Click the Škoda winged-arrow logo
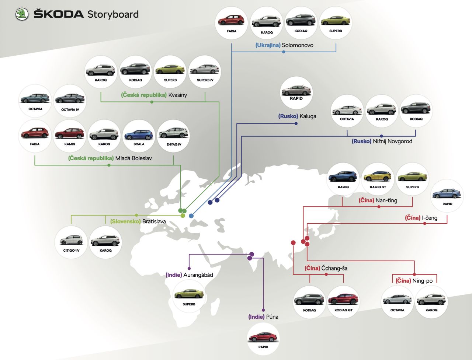pyautogui.click(x=22, y=14)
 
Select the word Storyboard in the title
pyautogui.click(x=113, y=14)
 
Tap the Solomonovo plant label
pyautogui.click(x=284, y=45)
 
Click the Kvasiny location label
pyautogui.click(x=154, y=95)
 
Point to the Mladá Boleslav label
pyautogui.click(x=110, y=158)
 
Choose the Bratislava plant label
pyautogui.click(x=138, y=221)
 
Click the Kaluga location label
pyautogui.click(x=297, y=116)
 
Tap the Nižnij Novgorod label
pyautogui.click(x=382, y=141)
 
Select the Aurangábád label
pyautogui.click(x=189, y=275)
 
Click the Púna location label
pyautogui.click(x=263, y=317)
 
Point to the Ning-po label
pyautogui.click(x=414, y=281)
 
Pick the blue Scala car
pyautogui.click(x=139, y=135)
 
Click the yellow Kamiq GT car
pyautogui.click(x=378, y=177)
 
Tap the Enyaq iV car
pyautogui.click(x=173, y=133)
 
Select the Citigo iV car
pyautogui.click(x=71, y=240)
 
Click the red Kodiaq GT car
pyautogui.click(x=343, y=299)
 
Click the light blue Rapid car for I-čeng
pyautogui.click(x=447, y=193)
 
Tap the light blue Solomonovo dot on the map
pyautogui.click(x=191, y=216)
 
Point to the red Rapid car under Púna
pyautogui.click(x=263, y=337)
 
